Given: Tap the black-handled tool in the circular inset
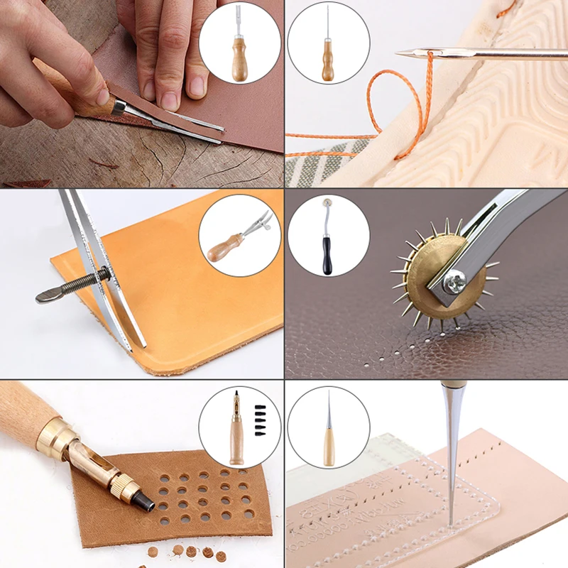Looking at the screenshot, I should pyautogui.click(x=327, y=238).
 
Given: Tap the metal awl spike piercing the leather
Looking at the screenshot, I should pyautogui.click(x=449, y=454).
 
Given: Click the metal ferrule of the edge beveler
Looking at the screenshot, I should pyautogui.click(x=119, y=107).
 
